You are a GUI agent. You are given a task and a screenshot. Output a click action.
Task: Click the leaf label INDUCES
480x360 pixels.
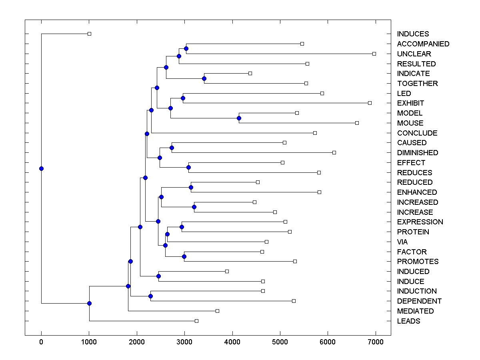pyautogui.click(x=413, y=34)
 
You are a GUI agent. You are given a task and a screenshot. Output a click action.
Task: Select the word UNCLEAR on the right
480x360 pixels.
pyautogui.click(x=414, y=54)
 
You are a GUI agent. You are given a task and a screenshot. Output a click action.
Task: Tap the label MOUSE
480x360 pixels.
pyautogui.click(x=410, y=123)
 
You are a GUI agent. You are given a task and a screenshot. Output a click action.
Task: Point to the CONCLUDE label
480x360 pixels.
pyautogui.click(x=417, y=133)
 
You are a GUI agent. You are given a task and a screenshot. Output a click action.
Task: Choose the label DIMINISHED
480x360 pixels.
pyautogui.click(x=418, y=153)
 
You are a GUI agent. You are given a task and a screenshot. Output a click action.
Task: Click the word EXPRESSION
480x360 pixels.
pyautogui.click(x=420, y=222)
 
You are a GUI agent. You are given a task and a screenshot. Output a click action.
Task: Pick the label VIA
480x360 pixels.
pyautogui.click(x=402, y=242)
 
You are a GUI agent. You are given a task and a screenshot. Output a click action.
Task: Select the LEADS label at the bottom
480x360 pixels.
pyautogui.click(x=408, y=321)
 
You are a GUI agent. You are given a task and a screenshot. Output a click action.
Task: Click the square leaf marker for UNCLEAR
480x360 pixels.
pyautogui.click(x=374, y=54)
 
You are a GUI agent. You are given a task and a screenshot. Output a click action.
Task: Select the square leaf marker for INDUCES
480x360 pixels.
pyautogui.click(x=89, y=34)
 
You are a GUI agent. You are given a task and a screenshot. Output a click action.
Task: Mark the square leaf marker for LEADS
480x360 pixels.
pyautogui.click(x=196, y=321)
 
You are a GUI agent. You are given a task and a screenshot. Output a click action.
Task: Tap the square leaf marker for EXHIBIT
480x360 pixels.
pyautogui.click(x=370, y=103)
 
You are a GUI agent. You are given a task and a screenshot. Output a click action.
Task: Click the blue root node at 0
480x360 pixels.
pyautogui.click(x=41, y=168)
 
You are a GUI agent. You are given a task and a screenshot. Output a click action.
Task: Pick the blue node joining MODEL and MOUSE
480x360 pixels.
pyautogui.click(x=239, y=118)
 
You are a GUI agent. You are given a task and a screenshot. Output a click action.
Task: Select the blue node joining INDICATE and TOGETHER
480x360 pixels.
pyautogui.click(x=204, y=78)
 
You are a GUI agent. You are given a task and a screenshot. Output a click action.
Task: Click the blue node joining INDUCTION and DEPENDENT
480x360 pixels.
pyautogui.click(x=150, y=296)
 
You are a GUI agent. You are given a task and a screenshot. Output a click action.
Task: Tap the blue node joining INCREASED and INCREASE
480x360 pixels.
pyautogui.click(x=194, y=207)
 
